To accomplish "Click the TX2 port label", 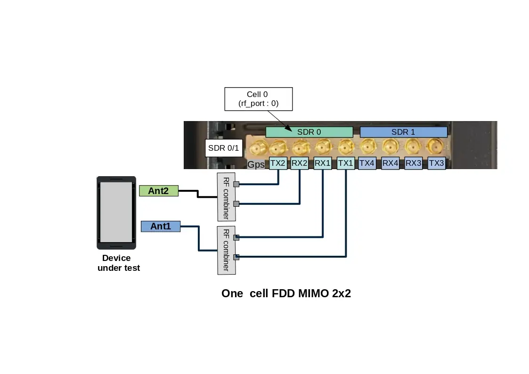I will pos(277,163).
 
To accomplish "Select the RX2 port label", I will pos(300,163).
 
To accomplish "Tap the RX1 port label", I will pos(323,163).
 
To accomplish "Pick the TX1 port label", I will pos(345,163).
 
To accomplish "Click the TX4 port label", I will pos(367,163).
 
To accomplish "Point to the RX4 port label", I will pos(391,163).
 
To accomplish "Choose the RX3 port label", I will pos(414,163).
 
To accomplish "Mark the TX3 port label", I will pos(437,163).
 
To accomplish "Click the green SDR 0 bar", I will pos(309,132).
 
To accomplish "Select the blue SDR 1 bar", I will pos(403,132).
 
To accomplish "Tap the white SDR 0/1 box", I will pos(224,148).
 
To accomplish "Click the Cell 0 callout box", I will pos(258,99).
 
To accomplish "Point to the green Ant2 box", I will pos(159,191).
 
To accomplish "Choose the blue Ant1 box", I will pos(161,227).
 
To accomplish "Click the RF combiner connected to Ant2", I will pos(226,196).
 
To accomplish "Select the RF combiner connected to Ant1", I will pos(226,250).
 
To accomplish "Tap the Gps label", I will pos(256,165).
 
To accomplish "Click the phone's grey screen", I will pos(116,212).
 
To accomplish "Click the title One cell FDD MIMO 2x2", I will pos(286,293).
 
